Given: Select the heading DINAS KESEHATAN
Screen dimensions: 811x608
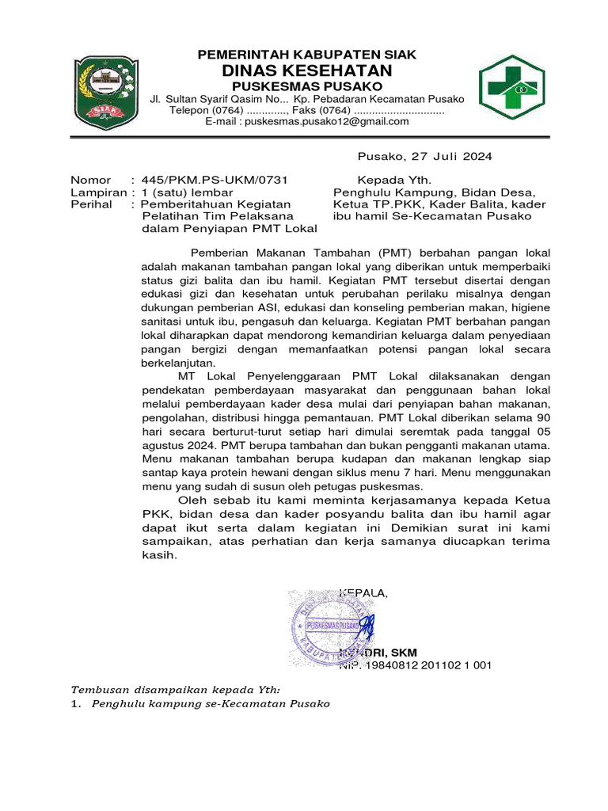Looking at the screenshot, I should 307,71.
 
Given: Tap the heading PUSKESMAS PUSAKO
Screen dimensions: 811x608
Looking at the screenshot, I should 307,86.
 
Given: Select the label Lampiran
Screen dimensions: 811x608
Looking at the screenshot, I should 97,192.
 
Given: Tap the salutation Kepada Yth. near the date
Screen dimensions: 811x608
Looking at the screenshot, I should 393,180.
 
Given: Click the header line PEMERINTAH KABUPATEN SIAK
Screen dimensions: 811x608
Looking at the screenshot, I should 307,55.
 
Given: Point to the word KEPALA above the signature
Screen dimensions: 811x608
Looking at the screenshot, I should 363,593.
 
